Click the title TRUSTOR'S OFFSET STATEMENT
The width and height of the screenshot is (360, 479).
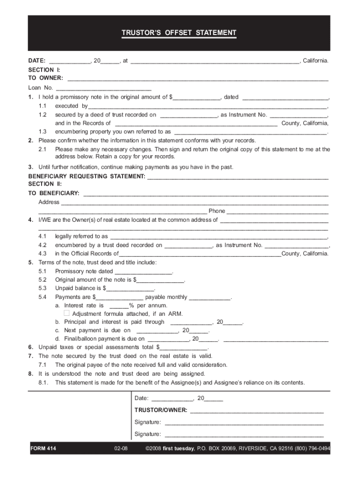tap(179, 33)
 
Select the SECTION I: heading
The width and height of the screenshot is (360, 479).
tap(41, 70)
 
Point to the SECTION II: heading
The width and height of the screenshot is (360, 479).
tap(42, 184)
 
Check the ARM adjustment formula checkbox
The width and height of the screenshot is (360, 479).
tap(66, 313)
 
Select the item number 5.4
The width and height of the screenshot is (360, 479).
tap(43, 297)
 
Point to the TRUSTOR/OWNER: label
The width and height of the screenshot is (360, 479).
tap(161, 410)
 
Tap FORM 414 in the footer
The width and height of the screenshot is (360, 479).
tap(43, 449)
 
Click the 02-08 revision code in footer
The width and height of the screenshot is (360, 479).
tap(121, 449)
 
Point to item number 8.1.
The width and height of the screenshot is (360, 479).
tap(44, 383)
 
